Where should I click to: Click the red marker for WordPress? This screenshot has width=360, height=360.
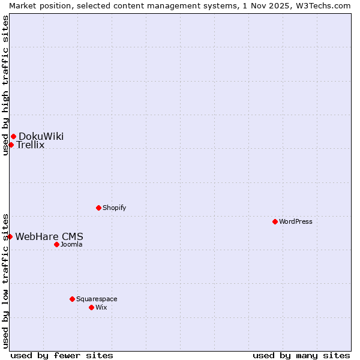(x=275, y=221)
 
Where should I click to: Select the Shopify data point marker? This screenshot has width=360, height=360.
(x=98, y=208)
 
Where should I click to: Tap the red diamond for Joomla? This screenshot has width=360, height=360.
(x=56, y=244)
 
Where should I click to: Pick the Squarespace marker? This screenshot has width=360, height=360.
(x=72, y=299)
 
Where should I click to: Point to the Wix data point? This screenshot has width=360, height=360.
(x=91, y=307)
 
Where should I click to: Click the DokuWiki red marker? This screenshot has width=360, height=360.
(x=13, y=136)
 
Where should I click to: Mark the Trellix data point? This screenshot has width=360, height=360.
(x=11, y=145)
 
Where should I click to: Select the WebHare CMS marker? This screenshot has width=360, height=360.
(x=10, y=236)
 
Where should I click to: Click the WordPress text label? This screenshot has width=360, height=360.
(x=296, y=221)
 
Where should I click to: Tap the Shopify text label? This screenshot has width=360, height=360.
(x=115, y=208)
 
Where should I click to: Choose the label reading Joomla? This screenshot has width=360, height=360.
(x=71, y=244)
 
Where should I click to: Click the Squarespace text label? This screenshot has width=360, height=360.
(x=97, y=299)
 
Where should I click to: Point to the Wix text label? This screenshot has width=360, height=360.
(x=101, y=307)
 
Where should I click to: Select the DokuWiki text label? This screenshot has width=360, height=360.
(x=41, y=136)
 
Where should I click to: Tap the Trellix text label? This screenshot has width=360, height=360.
(x=31, y=145)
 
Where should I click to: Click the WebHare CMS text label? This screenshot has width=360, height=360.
(x=49, y=236)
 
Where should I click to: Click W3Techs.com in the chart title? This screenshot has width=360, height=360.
(x=326, y=5)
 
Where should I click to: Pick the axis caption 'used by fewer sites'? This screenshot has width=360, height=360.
(x=62, y=355)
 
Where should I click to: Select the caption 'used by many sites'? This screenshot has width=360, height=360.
(x=301, y=355)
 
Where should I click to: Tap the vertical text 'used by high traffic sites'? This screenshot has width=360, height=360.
(x=5, y=85)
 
